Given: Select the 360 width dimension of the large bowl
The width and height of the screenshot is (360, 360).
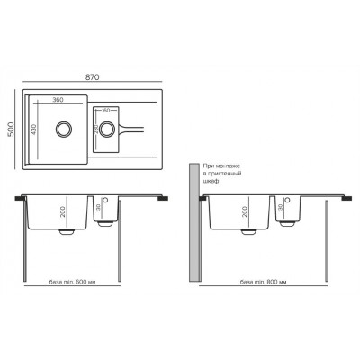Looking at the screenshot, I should (x=57, y=100).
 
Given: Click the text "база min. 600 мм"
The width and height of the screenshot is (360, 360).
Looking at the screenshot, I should (x=74, y=282).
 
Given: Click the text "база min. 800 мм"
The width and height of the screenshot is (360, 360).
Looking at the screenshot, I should (x=263, y=282).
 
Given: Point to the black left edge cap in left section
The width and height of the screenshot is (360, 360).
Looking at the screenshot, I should (x=22, y=198).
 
